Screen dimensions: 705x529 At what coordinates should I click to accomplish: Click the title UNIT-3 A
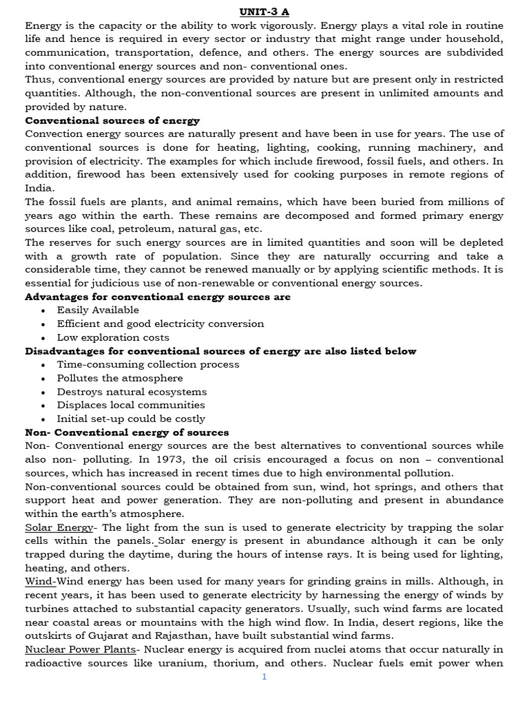coord(264,12)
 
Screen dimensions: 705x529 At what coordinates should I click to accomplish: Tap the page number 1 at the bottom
coord(264,677)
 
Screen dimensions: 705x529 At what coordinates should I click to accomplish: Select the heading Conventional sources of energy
coord(112,120)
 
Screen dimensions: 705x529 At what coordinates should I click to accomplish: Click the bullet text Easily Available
coord(98,311)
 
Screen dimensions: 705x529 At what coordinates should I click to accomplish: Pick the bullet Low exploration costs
coord(113,337)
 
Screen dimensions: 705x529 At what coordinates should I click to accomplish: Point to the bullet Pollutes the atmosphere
coord(120,378)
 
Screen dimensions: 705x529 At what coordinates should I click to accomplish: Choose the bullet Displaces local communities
coord(131,405)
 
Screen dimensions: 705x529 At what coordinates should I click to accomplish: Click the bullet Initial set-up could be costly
coord(131,419)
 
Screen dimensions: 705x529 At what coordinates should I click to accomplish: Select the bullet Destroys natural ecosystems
coord(132,392)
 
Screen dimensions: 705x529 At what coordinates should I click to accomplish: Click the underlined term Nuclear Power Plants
coord(80,649)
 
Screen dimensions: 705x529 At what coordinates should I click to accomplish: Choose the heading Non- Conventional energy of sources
coord(127,432)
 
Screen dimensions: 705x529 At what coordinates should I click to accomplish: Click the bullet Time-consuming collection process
coord(148,364)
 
